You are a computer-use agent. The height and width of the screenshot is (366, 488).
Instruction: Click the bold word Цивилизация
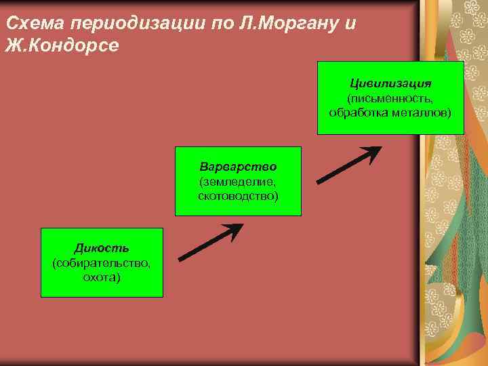tap(390, 83)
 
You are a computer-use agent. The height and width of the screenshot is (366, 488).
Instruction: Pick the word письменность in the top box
tap(392, 98)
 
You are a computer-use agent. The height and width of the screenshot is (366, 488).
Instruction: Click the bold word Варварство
tap(238, 167)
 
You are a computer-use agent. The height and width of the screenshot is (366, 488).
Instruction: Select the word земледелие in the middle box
tap(238, 181)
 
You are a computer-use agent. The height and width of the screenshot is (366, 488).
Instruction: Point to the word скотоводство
tap(238, 195)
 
